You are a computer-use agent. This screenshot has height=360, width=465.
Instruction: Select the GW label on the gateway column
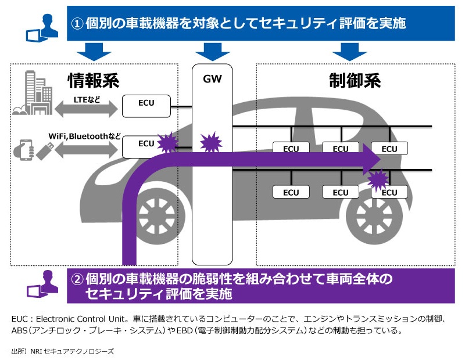coord(212,78)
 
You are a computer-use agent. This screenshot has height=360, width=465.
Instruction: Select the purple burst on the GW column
coord(209,142)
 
